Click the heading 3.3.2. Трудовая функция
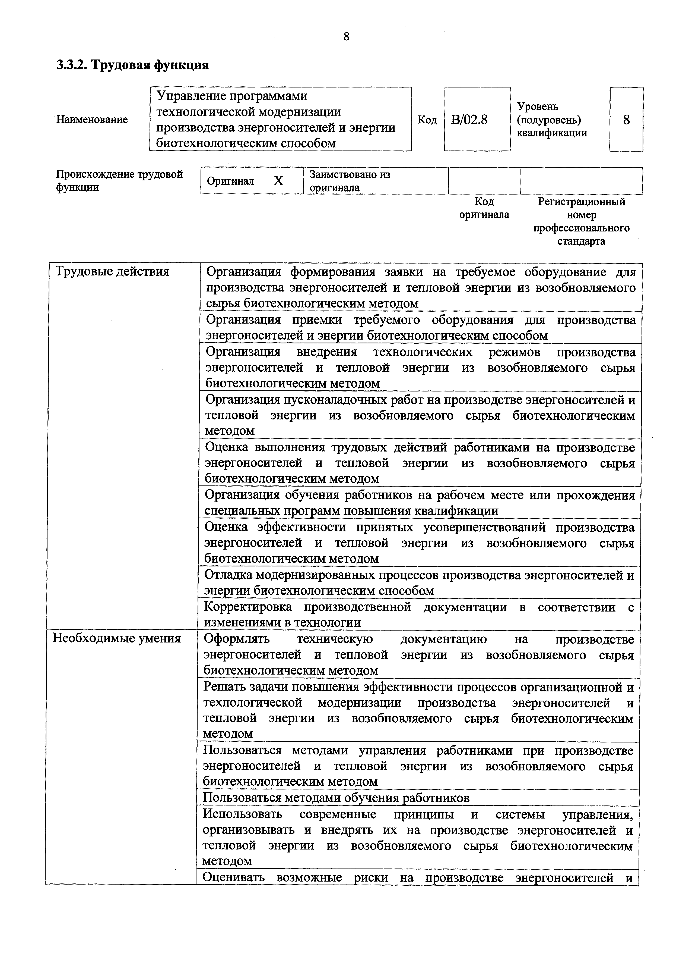[x=133, y=65]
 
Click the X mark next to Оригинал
[x=279, y=181]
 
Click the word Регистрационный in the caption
[x=581, y=202]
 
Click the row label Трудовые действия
[x=112, y=271]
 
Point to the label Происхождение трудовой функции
[x=119, y=181]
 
